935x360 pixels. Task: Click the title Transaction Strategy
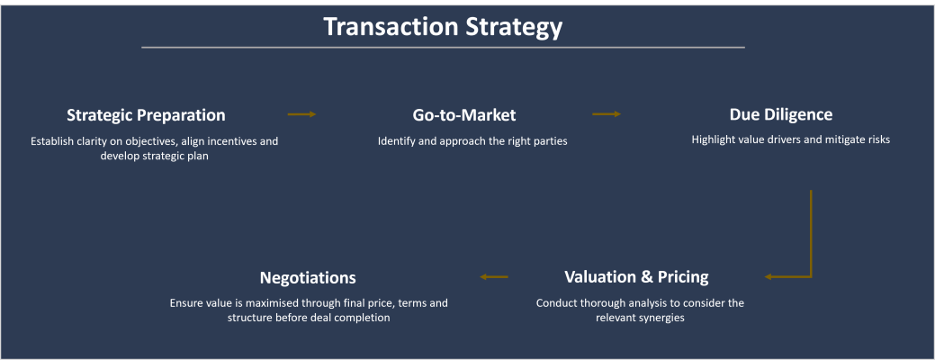tap(443, 27)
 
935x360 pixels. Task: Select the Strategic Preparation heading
tap(146, 115)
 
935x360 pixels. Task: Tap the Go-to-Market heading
tap(464, 115)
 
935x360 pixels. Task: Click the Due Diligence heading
tap(780, 114)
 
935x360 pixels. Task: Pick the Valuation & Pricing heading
tap(636, 276)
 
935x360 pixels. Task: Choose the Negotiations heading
tap(308, 277)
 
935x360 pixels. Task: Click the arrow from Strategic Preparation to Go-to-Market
tap(301, 114)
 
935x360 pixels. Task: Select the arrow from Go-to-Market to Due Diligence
tap(607, 114)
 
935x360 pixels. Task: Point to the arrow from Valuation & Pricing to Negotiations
tap(495, 276)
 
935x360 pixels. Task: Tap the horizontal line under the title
tap(443, 47)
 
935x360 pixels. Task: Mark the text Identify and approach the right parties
tap(472, 141)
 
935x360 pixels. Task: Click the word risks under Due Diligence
tap(876, 139)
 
